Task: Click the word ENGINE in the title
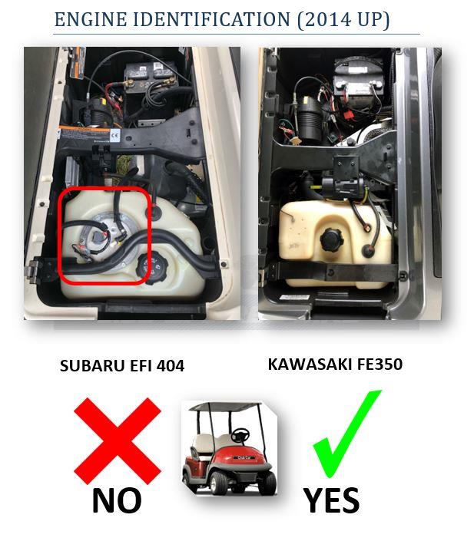click(x=91, y=19)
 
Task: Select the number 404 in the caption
click(x=170, y=366)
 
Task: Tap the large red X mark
click(x=118, y=441)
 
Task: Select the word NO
click(x=117, y=501)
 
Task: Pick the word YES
click(x=332, y=501)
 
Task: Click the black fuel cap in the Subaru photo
click(x=152, y=268)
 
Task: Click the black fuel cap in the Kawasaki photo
click(x=332, y=240)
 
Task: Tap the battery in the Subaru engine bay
click(x=151, y=77)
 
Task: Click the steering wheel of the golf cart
click(x=240, y=435)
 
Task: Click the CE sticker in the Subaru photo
click(x=115, y=136)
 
